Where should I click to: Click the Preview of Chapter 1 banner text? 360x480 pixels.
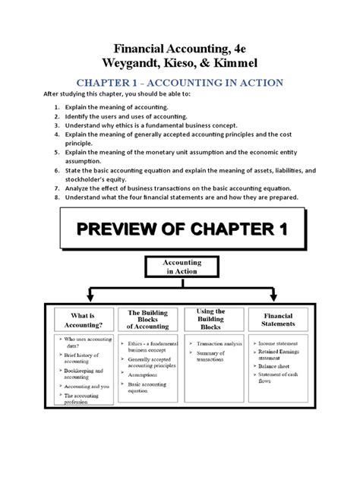(179, 232)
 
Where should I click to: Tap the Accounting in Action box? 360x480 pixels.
(179, 267)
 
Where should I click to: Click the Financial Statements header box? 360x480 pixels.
(277, 320)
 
